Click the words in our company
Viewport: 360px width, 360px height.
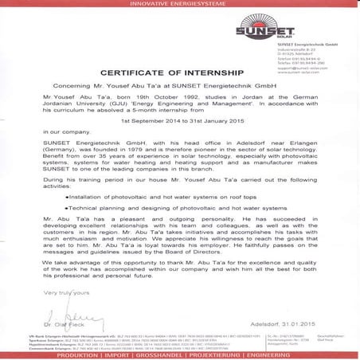pos(61,130)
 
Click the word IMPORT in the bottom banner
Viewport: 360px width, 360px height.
pos(126,356)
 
